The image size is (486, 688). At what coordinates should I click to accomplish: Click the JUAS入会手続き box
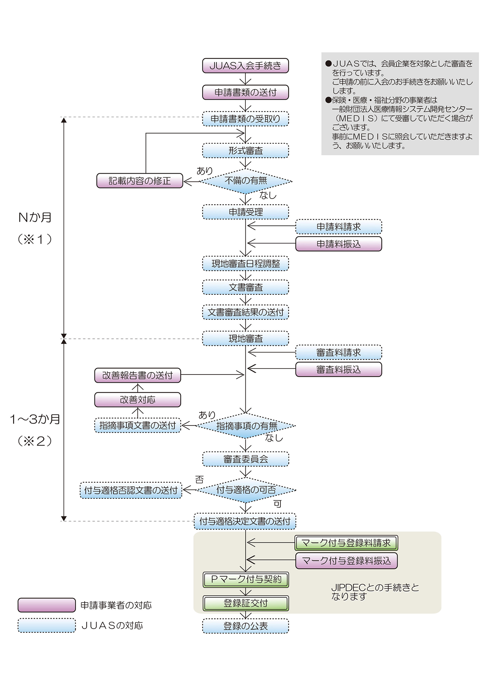[245, 66]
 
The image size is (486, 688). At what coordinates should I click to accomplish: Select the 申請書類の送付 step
[245, 92]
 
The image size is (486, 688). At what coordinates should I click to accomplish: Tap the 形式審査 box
[245, 151]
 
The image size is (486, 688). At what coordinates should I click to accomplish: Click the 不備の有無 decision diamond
[246, 181]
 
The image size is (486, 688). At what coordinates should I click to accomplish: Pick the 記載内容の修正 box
[140, 181]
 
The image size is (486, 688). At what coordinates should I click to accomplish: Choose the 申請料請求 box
[339, 227]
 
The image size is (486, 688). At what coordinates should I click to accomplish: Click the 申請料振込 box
[339, 244]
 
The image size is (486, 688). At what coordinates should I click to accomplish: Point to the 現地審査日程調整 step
[245, 263]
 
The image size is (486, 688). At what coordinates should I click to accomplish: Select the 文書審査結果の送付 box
[245, 312]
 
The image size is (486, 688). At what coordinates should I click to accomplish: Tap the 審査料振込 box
[339, 370]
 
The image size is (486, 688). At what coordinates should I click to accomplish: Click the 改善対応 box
[138, 400]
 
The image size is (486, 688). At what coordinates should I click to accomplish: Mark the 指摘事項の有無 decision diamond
[246, 426]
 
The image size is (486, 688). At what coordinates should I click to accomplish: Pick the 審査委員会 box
[245, 459]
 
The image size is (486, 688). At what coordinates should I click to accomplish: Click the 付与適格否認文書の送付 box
[131, 490]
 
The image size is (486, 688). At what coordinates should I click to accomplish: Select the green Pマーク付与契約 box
[246, 580]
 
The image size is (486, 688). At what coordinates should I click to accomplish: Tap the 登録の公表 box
[245, 626]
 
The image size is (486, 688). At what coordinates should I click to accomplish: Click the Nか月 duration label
[35, 218]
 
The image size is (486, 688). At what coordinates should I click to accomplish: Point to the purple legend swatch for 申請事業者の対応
[47, 605]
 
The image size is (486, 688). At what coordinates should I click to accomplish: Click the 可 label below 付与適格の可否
[277, 504]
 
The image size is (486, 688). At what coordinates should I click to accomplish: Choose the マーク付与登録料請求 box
[346, 543]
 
